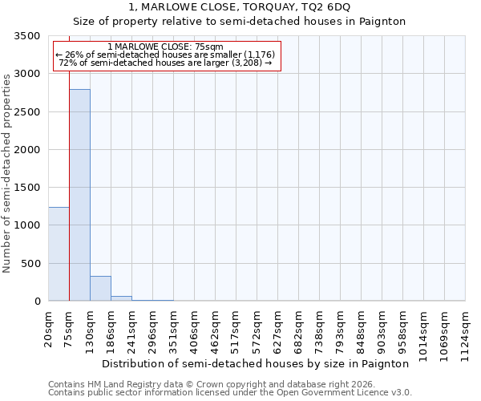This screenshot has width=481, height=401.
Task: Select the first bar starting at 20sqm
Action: [59, 253]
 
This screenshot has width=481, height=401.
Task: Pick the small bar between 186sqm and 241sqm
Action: [121, 298]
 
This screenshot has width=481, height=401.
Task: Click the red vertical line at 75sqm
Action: [70, 160]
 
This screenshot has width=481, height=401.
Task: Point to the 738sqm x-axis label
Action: [320, 328]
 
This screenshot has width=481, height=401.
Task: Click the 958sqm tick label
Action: [403, 328]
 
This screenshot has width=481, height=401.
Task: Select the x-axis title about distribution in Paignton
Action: [257, 363]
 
